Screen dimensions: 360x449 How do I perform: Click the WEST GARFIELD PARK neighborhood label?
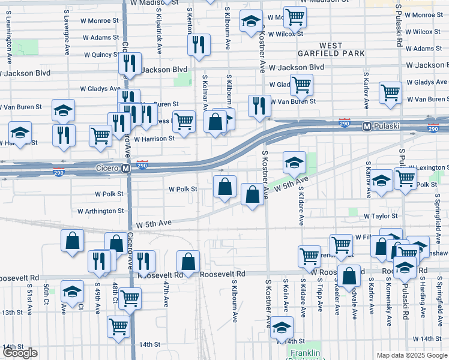(331, 50)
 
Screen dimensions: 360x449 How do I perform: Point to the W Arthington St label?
(101, 211)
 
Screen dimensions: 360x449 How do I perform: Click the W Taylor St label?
(381, 215)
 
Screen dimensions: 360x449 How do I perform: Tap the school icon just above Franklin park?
(280, 327)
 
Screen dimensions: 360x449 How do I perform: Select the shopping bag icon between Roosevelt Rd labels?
(188, 261)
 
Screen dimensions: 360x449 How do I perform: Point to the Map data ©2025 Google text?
(411, 355)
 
